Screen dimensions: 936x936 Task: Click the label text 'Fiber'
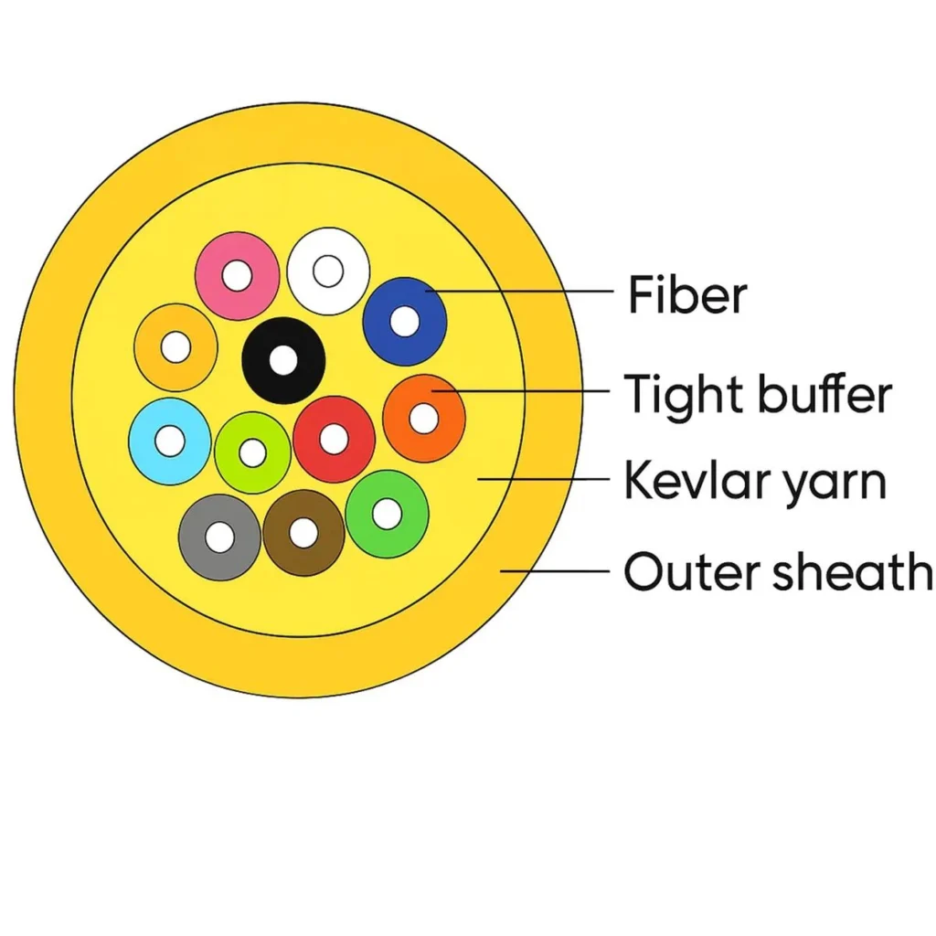tap(687, 296)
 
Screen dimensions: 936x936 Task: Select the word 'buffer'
tap(824, 395)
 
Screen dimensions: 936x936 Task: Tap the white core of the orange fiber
tap(423, 419)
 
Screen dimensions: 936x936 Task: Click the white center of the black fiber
tap(283, 360)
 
